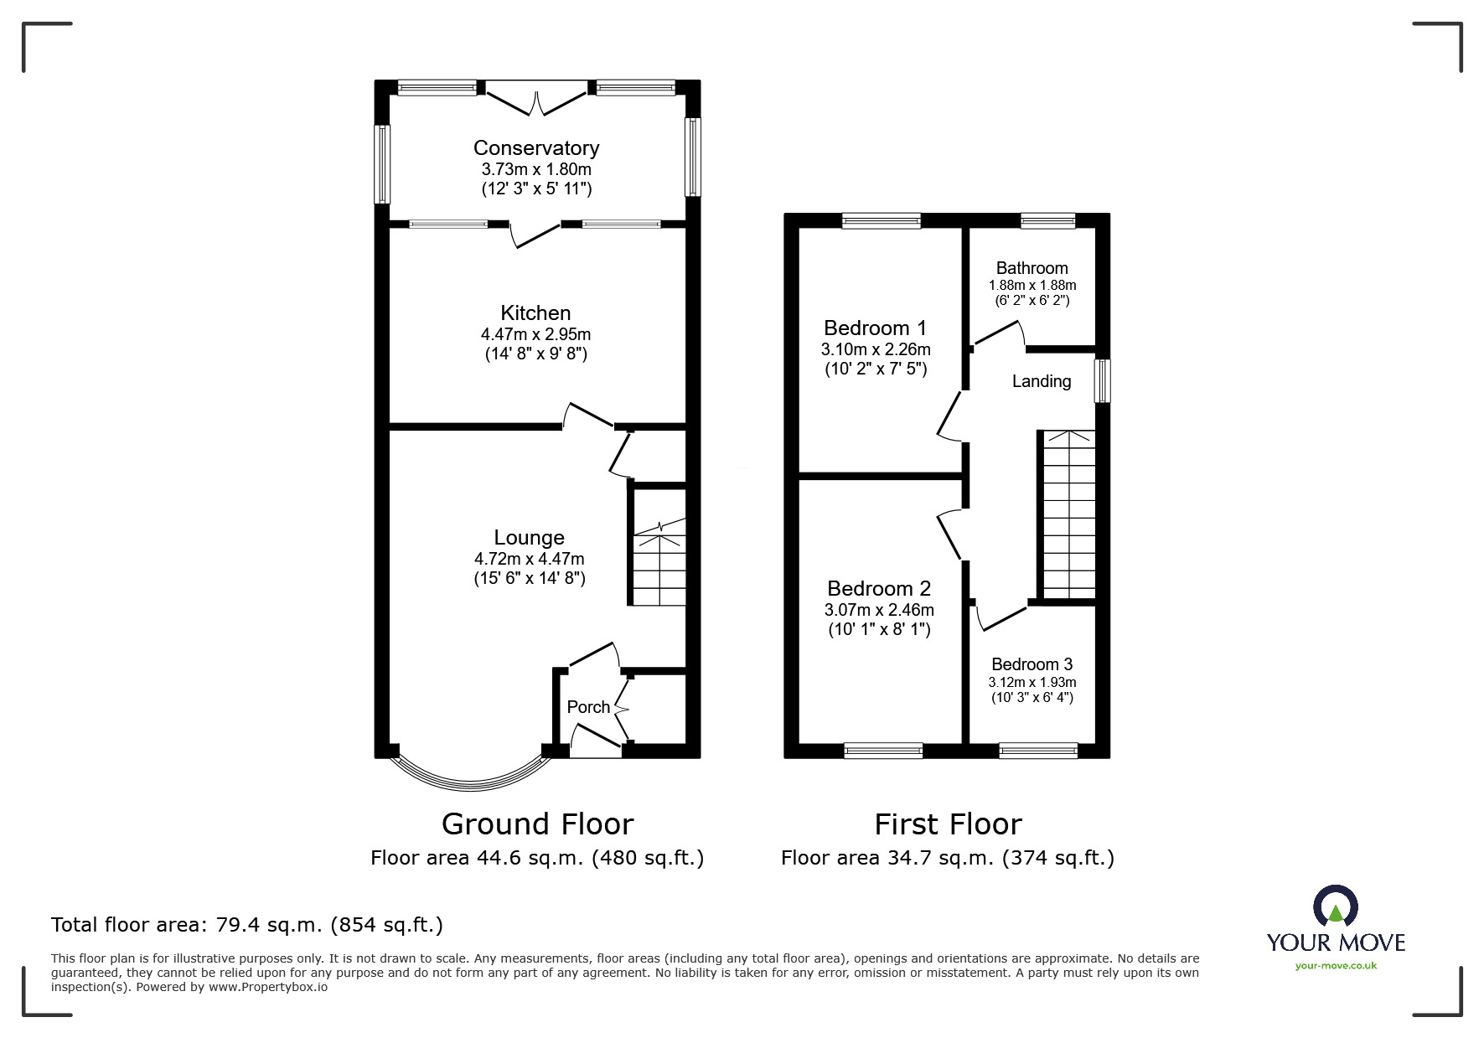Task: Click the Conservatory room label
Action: [x=536, y=148]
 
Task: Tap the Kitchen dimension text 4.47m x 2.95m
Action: [x=535, y=333]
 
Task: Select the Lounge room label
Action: [x=529, y=538]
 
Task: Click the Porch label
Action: [x=588, y=707]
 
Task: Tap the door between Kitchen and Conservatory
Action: [x=535, y=235]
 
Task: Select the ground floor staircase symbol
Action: [x=659, y=561]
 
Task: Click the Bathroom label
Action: [x=1032, y=268]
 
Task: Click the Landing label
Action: [x=1041, y=381]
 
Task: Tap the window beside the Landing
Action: [x=1104, y=381]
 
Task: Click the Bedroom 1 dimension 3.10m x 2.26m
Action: [x=876, y=349]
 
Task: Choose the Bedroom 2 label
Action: [x=878, y=588]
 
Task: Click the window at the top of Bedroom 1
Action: [x=881, y=221]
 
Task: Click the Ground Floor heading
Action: [x=537, y=824]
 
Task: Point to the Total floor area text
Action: [x=247, y=925]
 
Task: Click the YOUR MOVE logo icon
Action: [x=1335, y=907]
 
